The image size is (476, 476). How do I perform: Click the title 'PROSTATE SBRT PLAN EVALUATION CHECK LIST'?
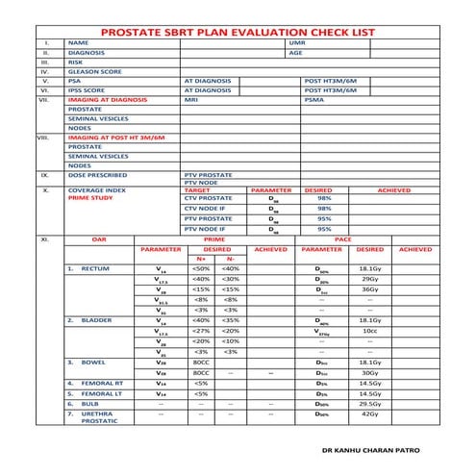coord(238,32)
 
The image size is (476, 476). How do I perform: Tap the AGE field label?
coord(295,53)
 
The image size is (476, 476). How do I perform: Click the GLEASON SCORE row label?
coord(94,71)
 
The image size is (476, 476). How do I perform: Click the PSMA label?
coord(313,99)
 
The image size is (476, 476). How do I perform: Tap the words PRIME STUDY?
coord(89,198)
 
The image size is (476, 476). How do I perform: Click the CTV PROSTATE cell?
coord(208,198)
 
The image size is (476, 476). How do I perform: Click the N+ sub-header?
coord(201,259)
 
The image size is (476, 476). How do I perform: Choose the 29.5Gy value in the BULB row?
coord(371,404)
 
